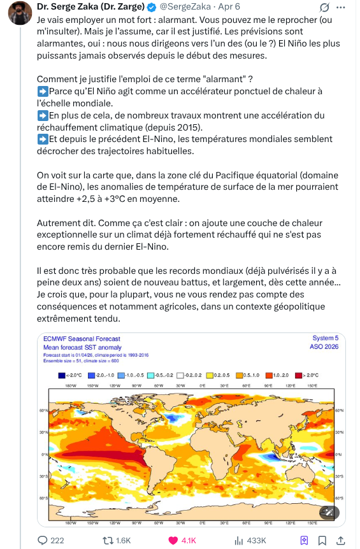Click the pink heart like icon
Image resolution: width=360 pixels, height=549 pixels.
(x=173, y=540)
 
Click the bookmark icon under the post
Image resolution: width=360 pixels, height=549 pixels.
(x=305, y=540)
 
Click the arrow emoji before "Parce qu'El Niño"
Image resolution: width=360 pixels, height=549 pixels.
(x=43, y=92)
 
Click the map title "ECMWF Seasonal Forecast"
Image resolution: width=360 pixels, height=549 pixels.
(x=82, y=339)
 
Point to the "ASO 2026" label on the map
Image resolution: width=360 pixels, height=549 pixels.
(x=324, y=347)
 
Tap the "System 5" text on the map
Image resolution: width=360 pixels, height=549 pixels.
(x=325, y=338)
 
